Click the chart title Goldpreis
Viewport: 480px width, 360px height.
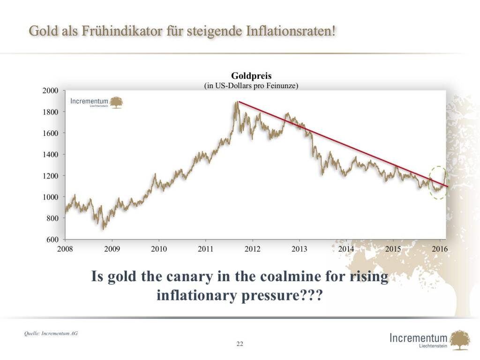251,76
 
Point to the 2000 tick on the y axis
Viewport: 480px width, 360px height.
51,90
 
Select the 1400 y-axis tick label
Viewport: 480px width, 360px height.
51,155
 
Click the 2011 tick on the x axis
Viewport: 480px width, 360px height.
205,248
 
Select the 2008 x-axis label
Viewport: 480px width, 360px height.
65,248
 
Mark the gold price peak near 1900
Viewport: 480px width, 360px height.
236,103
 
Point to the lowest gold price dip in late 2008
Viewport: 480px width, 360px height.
104,228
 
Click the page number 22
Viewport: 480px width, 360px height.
240,344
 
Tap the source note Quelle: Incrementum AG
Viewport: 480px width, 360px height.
51,334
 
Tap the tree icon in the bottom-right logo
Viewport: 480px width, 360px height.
460,339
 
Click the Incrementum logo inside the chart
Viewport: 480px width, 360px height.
97,102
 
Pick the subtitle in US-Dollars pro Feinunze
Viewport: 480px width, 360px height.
251,85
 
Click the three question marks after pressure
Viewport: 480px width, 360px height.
313,296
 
